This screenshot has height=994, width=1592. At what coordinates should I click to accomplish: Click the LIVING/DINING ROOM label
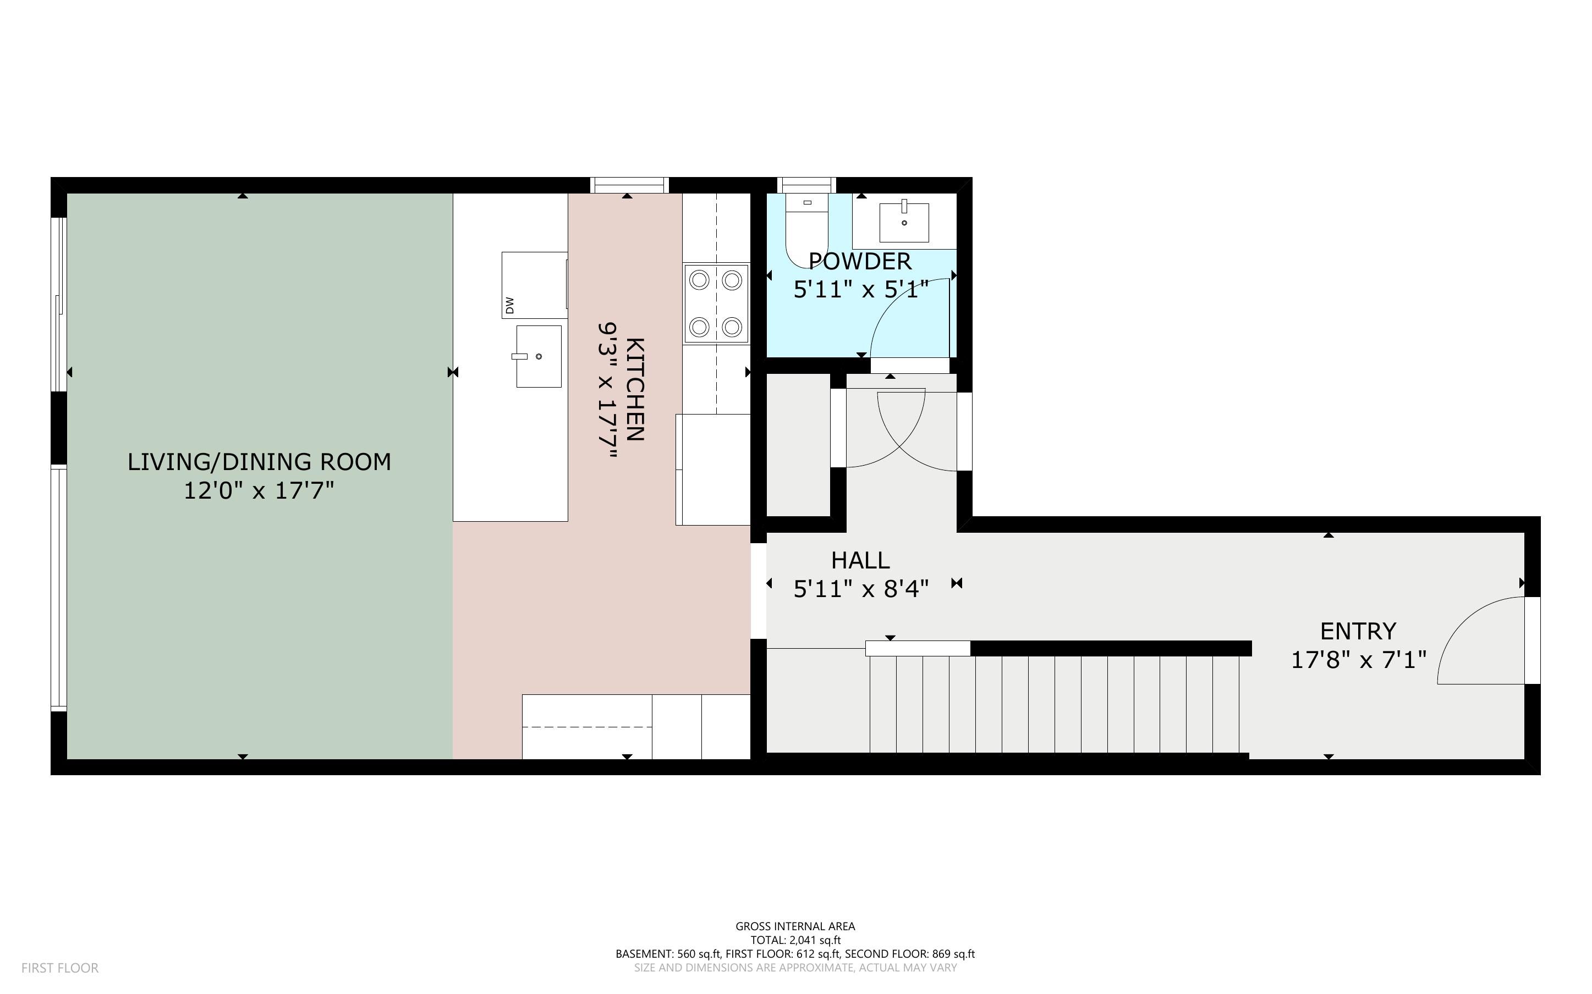tap(259, 462)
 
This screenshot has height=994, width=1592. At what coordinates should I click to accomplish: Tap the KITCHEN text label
tap(635, 389)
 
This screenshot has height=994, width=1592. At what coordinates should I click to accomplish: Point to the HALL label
tap(860, 561)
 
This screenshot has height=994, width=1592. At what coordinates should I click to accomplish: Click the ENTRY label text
tap(1358, 631)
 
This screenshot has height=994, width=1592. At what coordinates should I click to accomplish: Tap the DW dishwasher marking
tap(509, 305)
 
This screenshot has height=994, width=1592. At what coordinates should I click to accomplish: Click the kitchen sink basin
tap(539, 356)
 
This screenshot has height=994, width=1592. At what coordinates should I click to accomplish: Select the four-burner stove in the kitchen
tap(716, 303)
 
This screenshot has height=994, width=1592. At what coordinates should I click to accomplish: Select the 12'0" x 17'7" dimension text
tap(259, 491)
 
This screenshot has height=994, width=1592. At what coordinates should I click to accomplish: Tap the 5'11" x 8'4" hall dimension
tap(861, 589)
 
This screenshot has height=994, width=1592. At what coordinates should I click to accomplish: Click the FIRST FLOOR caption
tap(60, 968)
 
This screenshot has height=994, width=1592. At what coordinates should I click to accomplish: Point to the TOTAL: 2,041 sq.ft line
tap(795, 940)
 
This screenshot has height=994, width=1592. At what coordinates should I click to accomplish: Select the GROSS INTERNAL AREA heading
tap(795, 926)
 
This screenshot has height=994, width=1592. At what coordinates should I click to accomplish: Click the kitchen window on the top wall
tap(629, 185)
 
